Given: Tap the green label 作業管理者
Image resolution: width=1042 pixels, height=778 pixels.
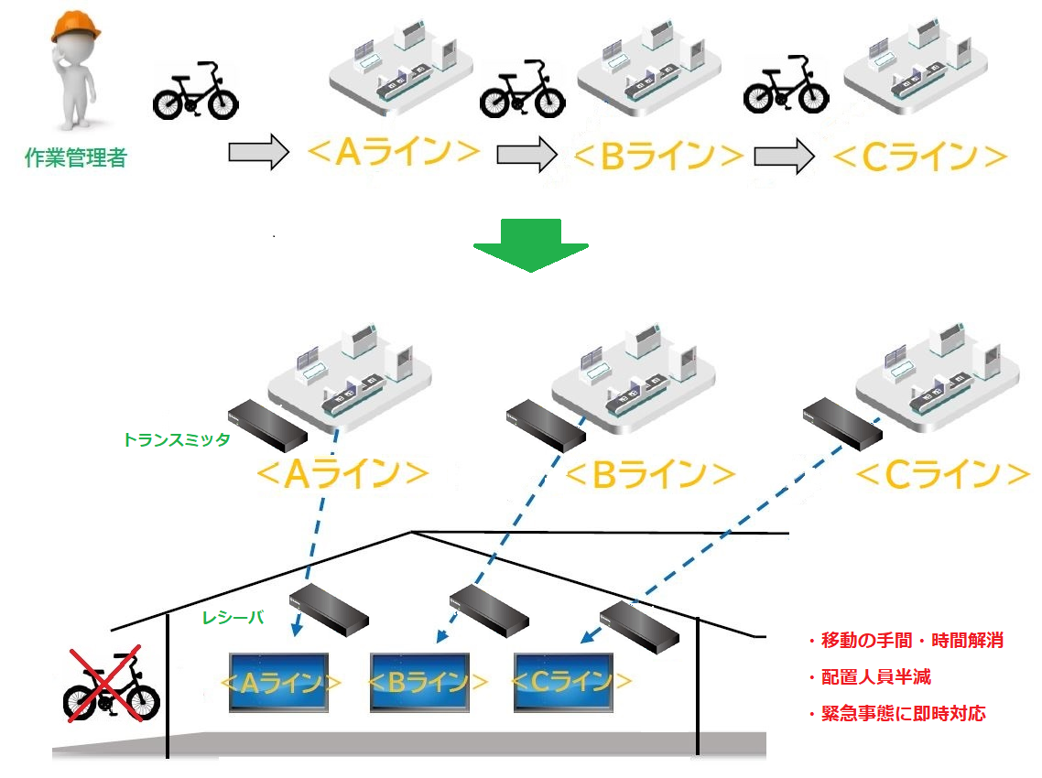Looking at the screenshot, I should pyautogui.click(x=76, y=158).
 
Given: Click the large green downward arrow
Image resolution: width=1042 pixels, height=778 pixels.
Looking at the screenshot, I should pyautogui.click(x=530, y=245).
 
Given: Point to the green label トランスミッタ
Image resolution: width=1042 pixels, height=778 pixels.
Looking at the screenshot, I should pyautogui.click(x=176, y=439).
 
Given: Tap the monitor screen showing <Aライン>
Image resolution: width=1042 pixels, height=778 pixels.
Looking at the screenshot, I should pyautogui.click(x=279, y=682).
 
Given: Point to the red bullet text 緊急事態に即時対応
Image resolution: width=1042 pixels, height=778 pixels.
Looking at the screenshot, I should pyautogui.click(x=896, y=714).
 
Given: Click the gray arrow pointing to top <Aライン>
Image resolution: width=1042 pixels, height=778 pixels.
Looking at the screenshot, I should pyautogui.click(x=258, y=153).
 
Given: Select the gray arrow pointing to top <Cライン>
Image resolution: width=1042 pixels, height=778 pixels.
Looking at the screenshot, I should pyautogui.click(x=784, y=156).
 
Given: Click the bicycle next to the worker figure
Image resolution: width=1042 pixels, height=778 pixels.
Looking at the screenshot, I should pyautogui.click(x=194, y=92).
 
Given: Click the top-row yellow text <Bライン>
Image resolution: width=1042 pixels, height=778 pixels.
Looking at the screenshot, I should pyautogui.click(x=657, y=156).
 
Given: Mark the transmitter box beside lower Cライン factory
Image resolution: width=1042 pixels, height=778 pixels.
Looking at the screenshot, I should pyautogui.click(x=842, y=423).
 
